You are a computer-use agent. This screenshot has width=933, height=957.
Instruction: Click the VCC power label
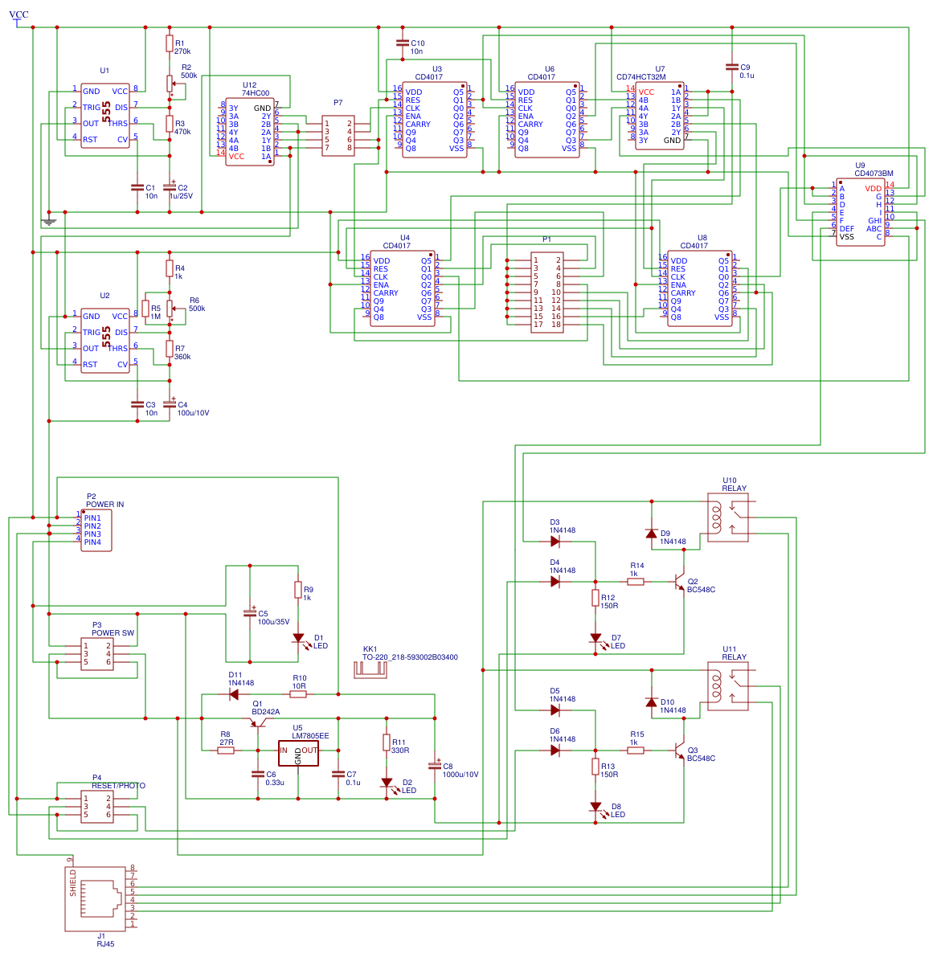pyautogui.click(x=18, y=15)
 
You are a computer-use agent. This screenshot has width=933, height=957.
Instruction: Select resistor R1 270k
pyautogui.click(x=170, y=43)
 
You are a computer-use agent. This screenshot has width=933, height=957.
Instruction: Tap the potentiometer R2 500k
pyautogui.click(x=170, y=83)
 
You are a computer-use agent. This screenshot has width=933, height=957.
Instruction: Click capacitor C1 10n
pyautogui.click(x=137, y=188)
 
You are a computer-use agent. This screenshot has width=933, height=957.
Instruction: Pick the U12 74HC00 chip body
pyautogui.click(x=250, y=132)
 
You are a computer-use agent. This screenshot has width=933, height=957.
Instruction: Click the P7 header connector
pyautogui.click(x=338, y=136)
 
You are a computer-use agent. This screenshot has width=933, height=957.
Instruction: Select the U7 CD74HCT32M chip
pyautogui.click(x=660, y=116)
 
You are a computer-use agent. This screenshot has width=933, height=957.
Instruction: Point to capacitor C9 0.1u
pyautogui.click(x=732, y=67)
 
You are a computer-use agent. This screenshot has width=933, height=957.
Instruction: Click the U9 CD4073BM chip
pyautogui.click(x=861, y=212)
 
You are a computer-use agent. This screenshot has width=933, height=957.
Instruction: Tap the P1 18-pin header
pyautogui.click(x=547, y=292)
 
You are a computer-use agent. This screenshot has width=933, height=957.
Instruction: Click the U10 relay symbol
pyautogui.click(x=728, y=517)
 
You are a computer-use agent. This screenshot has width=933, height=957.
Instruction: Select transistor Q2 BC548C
pyautogui.click(x=681, y=582)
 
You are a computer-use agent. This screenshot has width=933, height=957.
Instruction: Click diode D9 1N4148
pyautogui.click(x=652, y=534)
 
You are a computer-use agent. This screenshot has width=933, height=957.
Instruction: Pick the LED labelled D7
pyautogui.click(x=595, y=638)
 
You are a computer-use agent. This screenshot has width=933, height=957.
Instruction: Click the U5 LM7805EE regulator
pyautogui.click(x=298, y=751)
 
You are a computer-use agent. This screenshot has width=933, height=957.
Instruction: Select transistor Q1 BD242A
pyautogui.click(x=258, y=722)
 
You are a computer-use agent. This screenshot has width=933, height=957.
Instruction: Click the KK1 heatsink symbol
pyautogui.click(x=370, y=669)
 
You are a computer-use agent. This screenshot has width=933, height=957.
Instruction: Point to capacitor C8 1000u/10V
pyautogui.click(x=435, y=767)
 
